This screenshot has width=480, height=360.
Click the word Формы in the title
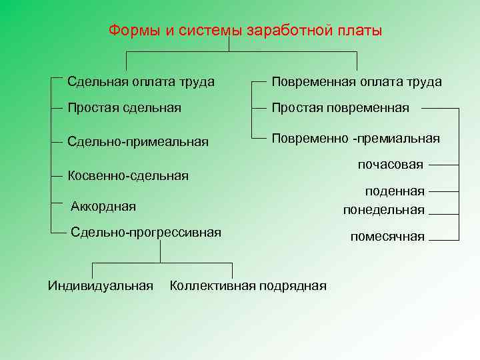click(x=131, y=31)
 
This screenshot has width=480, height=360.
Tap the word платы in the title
click(x=361, y=31)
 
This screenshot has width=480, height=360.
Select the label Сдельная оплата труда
click(x=141, y=82)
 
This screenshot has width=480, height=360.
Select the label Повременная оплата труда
click(x=356, y=82)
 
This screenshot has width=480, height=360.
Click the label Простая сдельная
click(x=124, y=107)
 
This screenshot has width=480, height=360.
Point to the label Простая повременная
click(x=340, y=107)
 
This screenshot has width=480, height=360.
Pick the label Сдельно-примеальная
click(x=138, y=141)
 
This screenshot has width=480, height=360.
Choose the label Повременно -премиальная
click(x=355, y=138)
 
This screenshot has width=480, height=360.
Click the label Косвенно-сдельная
click(x=128, y=176)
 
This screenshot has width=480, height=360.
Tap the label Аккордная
click(x=103, y=207)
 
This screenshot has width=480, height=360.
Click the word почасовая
click(x=390, y=164)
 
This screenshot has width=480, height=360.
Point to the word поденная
click(x=395, y=191)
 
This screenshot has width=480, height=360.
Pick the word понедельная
click(x=383, y=210)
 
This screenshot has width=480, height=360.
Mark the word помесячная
click(x=387, y=237)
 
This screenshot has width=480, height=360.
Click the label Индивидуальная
click(x=101, y=286)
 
